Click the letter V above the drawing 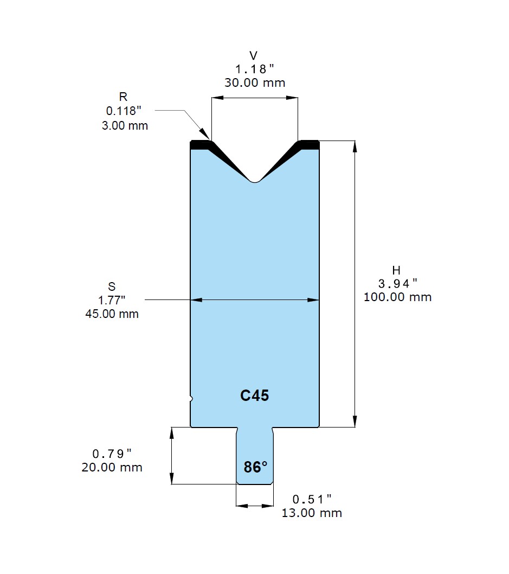(x=253, y=56)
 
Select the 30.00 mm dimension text (x=255, y=82)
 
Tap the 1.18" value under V (x=255, y=69)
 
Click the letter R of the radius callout (x=123, y=97)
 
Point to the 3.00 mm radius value (x=125, y=125)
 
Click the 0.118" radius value (x=124, y=111)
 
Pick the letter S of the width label (x=112, y=286)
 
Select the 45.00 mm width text (x=112, y=314)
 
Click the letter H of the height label (x=396, y=270)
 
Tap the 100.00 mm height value (x=397, y=297)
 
